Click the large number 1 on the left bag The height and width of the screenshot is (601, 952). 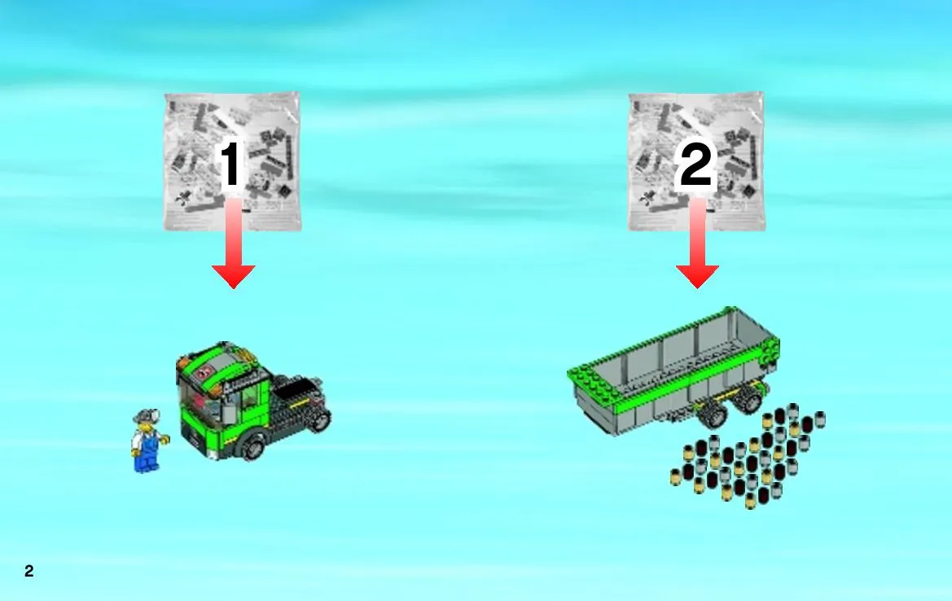click(x=230, y=164)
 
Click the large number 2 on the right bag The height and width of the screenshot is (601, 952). click(x=695, y=164)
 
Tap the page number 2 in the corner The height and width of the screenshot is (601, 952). click(x=29, y=571)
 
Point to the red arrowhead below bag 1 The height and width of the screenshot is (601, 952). click(x=233, y=276)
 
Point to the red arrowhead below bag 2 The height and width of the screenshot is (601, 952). click(x=698, y=276)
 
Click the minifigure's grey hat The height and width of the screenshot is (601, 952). click(x=147, y=416)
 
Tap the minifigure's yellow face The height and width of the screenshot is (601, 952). click(x=144, y=427)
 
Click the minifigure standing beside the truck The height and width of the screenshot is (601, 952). click(x=147, y=441)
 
